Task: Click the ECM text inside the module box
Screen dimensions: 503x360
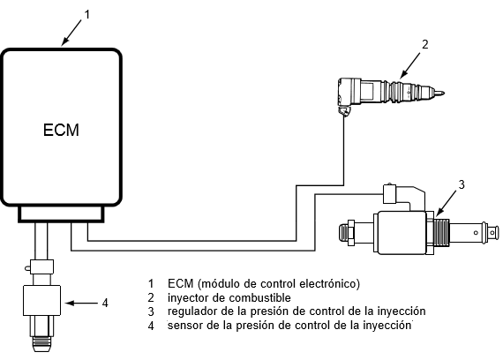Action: coord(61,130)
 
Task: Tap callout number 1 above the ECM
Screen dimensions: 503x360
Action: coord(87,14)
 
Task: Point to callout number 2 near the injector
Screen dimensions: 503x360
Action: coord(424,44)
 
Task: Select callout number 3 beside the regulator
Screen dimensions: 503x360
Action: coord(462,184)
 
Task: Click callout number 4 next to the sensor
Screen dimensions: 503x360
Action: coord(105,303)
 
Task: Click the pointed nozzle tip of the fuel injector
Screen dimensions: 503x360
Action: coord(443,94)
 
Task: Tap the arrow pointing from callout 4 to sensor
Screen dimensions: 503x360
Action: coord(81,303)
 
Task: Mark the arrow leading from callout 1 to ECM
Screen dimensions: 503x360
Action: coord(71,32)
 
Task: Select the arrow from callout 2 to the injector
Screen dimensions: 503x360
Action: coord(410,66)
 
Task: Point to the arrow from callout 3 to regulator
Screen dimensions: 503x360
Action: coord(447,203)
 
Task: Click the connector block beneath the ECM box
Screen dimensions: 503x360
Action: coord(61,214)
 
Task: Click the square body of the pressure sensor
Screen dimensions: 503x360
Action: coord(41,300)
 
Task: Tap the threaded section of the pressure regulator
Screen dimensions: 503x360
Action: coord(441,232)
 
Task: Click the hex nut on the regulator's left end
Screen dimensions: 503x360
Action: coord(351,233)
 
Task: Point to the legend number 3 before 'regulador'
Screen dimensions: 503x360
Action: coord(151,311)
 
